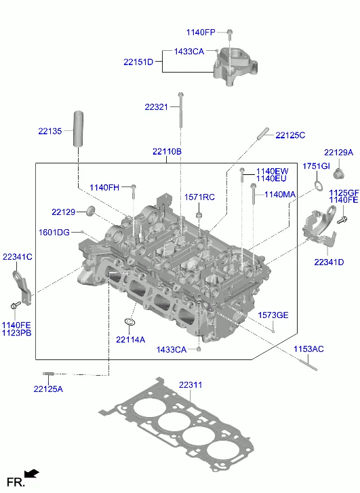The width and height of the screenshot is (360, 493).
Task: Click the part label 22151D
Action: click(x=138, y=62)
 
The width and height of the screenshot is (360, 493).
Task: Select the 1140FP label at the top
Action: click(x=201, y=33)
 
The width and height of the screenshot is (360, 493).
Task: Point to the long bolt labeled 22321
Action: click(x=180, y=110)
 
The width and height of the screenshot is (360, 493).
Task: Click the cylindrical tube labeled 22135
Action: click(x=78, y=129)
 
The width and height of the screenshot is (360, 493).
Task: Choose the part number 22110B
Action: click(x=167, y=151)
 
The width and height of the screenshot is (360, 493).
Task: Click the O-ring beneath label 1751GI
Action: click(x=319, y=186)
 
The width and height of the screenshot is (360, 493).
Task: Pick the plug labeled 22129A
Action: click(x=338, y=173)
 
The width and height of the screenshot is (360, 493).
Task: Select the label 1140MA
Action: click(x=280, y=195)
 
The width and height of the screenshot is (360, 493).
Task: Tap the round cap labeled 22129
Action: click(x=91, y=210)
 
